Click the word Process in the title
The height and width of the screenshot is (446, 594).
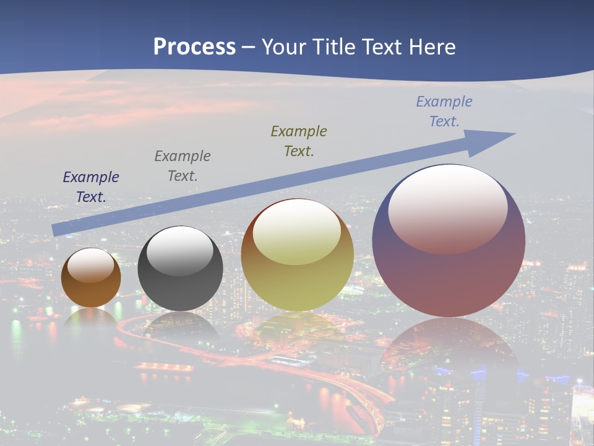(194, 47)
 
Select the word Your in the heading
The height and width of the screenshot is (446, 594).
(283, 47)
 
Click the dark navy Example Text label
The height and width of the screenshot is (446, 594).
(91, 187)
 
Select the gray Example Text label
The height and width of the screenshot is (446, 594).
(183, 166)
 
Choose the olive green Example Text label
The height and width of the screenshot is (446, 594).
(299, 141)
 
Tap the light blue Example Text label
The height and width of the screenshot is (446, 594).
(444, 111)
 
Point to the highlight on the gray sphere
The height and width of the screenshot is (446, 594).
(180, 251)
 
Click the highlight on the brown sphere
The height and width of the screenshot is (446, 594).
(91, 265)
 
